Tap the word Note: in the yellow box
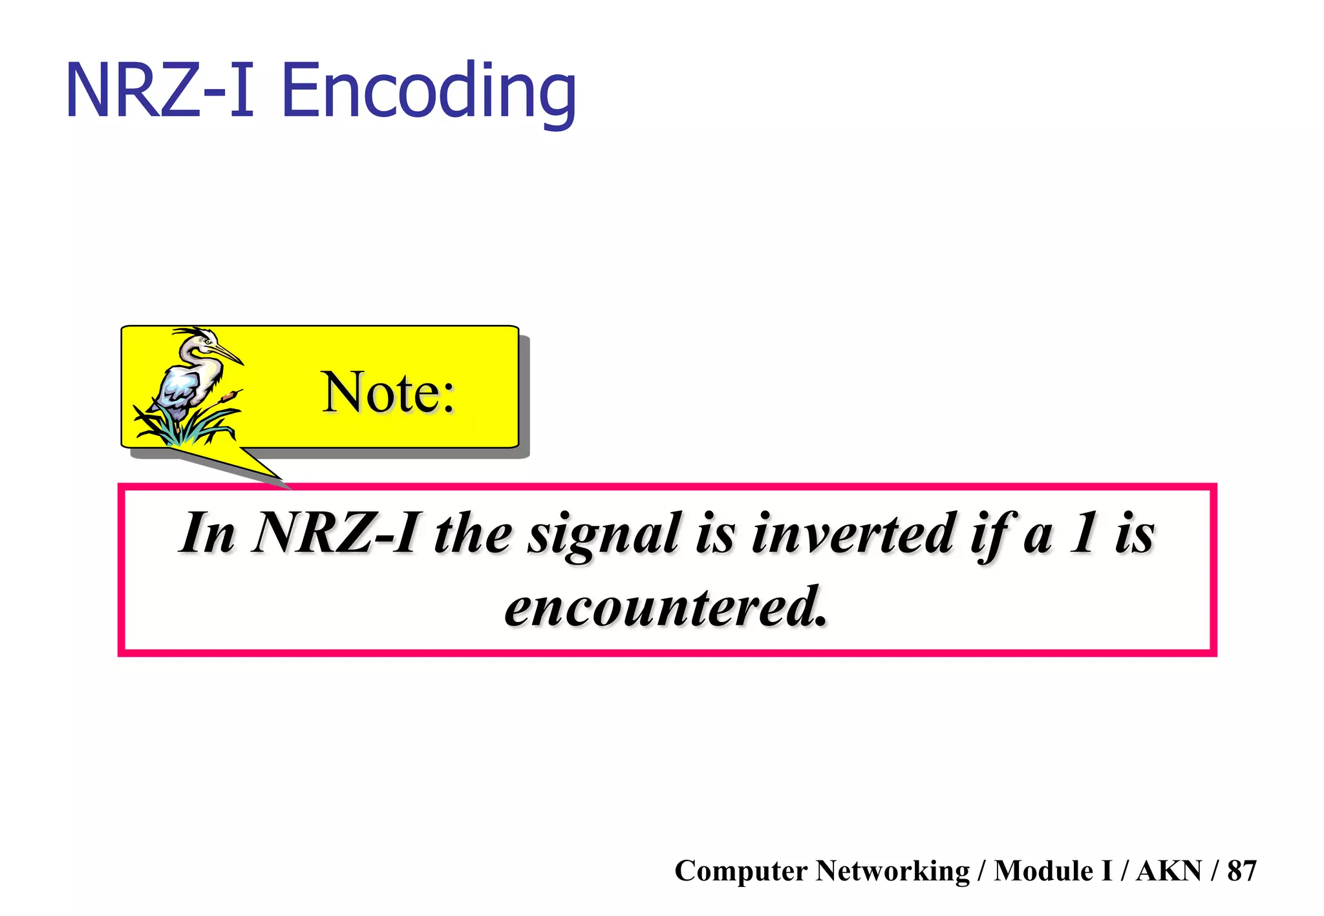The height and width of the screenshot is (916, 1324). [388, 392]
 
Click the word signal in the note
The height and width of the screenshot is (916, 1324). [604, 535]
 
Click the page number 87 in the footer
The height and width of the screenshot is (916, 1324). [1241, 871]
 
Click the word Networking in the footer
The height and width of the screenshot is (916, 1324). [892, 871]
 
